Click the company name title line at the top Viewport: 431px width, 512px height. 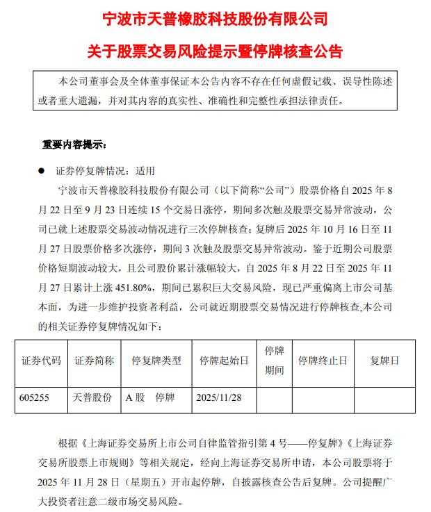coord(215,19)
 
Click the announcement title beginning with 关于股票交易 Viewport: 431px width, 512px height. coord(215,51)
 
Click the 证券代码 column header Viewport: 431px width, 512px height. coord(41,361)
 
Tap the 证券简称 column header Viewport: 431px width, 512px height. coord(93,361)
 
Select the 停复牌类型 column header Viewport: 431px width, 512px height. coord(156,361)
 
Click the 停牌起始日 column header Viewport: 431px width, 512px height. coord(224,361)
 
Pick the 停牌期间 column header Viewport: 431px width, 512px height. coord(274,361)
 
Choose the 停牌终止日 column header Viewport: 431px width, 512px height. coord(322,361)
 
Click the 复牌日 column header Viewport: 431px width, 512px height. coord(384,361)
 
